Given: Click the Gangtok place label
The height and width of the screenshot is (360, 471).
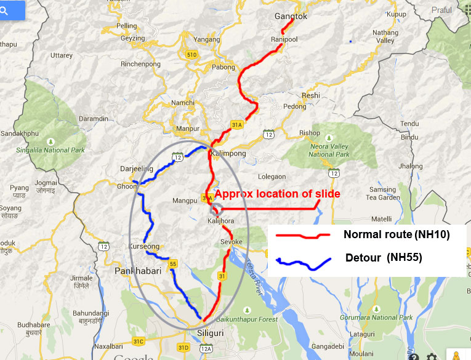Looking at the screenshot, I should click(x=291, y=17).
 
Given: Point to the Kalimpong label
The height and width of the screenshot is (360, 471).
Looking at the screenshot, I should click(x=228, y=153).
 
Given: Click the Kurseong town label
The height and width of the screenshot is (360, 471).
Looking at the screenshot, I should click(x=143, y=246).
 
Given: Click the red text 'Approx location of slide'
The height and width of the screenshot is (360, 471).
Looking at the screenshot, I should click(x=277, y=194).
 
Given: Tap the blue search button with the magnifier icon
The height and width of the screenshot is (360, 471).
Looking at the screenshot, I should click(x=12, y=10).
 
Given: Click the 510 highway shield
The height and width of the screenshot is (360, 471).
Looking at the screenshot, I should click(x=192, y=55).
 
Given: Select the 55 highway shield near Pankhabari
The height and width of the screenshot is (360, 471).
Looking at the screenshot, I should click(x=173, y=264).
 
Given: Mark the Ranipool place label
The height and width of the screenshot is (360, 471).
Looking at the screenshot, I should click(x=284, y=39).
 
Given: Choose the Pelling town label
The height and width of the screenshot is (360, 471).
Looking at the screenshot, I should click(x=127, y=26).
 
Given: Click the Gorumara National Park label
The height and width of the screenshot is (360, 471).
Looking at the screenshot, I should click(x=387, y=318).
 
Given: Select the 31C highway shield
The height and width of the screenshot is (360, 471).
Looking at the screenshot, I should click(x=139, y=341).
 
